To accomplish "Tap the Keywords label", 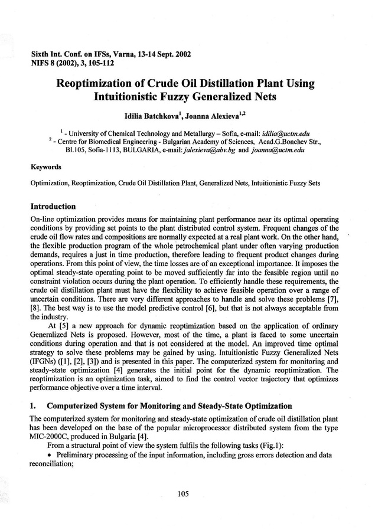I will click(x=44, y=167).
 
